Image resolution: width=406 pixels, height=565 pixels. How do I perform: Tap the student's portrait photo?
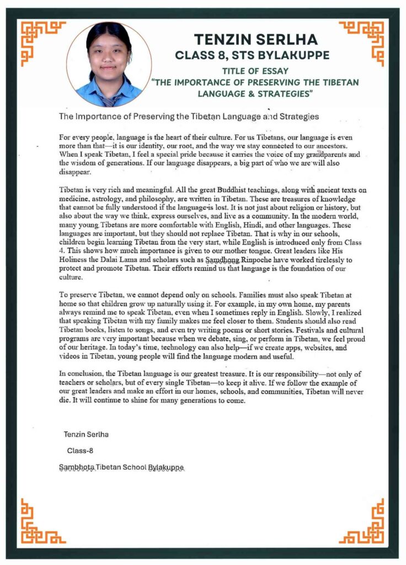(109, 64)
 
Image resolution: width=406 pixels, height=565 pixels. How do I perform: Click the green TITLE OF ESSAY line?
(255, 71)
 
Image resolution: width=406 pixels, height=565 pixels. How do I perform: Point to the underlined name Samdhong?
(220, 259)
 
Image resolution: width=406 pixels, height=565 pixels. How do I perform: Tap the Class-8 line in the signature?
(80, 450)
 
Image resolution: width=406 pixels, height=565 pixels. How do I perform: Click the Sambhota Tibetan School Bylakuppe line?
(121, 467)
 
